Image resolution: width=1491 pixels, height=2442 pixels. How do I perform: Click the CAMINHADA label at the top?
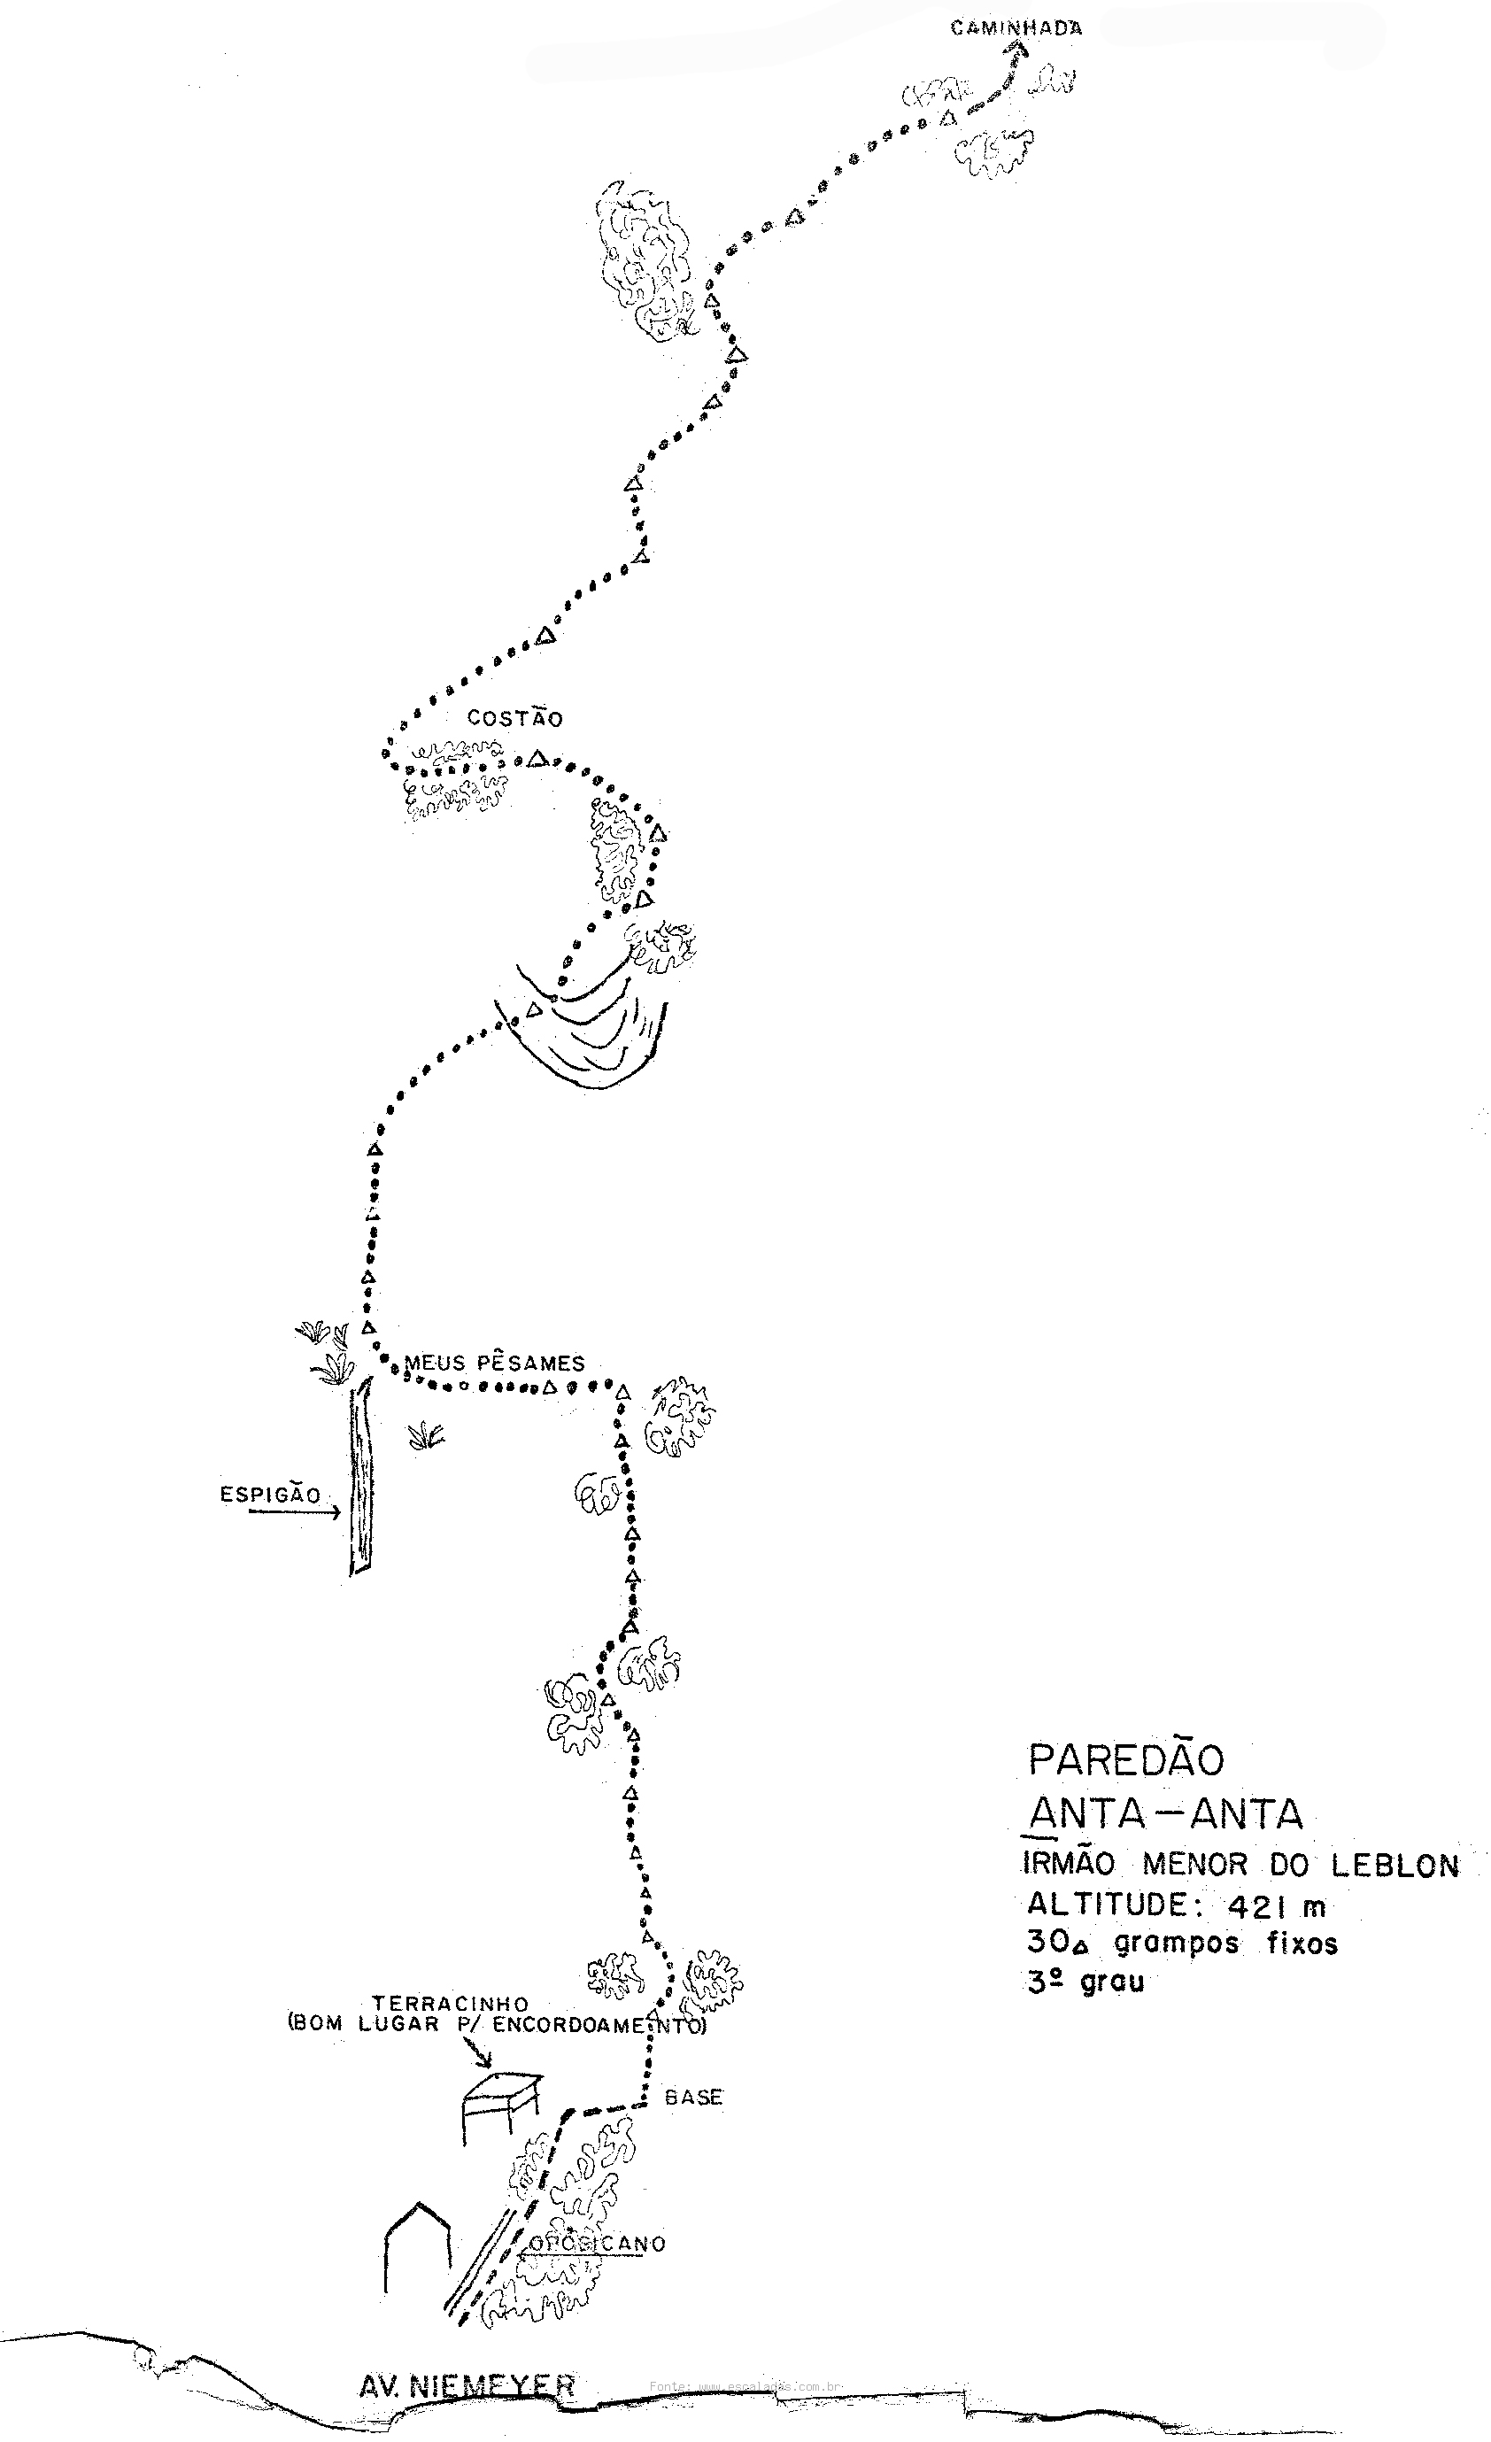click(1016, 28)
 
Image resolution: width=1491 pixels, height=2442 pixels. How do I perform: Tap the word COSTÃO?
click(514, 719)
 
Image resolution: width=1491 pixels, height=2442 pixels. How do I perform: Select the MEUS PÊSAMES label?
click(495, 1363)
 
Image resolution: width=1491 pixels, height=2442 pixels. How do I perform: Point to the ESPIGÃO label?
click(271, 1495)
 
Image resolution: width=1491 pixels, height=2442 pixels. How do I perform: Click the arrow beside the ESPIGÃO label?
click(295, 1512)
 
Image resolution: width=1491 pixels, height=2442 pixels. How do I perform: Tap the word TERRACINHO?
click(450, 2004)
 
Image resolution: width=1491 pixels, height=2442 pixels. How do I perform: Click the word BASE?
click(693, 2097)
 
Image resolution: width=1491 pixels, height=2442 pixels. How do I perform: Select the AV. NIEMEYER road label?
click(467, 2385)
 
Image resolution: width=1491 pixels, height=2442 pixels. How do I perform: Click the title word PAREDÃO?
click(1126, 1760)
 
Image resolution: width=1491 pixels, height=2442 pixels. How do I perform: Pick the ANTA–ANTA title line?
click(1166, 1813)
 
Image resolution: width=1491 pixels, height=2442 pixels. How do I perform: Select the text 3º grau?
click(1085, 1982)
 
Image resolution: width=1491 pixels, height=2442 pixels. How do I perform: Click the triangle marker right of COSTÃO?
click(537, 759)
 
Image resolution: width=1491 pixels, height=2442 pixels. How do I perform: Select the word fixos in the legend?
click(1302, 1944)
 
